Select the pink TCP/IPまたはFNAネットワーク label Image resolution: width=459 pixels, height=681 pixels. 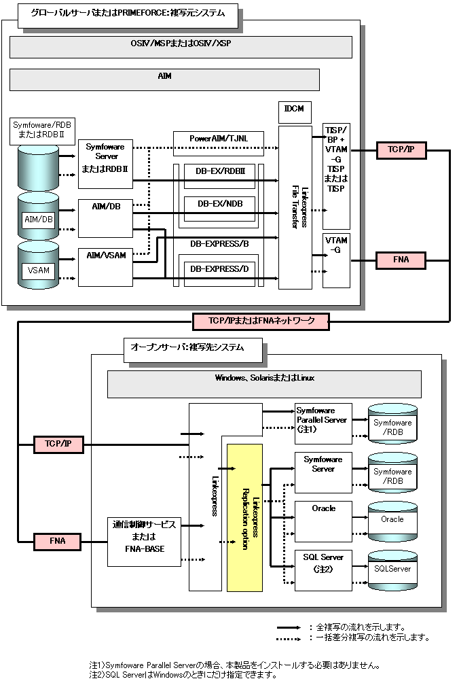(x=261, y=321)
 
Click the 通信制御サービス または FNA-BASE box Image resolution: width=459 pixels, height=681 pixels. (x=144, y=542)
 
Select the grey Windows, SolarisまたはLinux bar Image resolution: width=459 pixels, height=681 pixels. (x=264, y=384)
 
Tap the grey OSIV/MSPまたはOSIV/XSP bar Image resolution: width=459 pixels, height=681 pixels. (x=181, y=47)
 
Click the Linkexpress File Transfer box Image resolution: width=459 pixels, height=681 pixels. (x=295, y=207)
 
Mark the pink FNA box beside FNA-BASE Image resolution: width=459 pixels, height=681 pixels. (x=58, y=542)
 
